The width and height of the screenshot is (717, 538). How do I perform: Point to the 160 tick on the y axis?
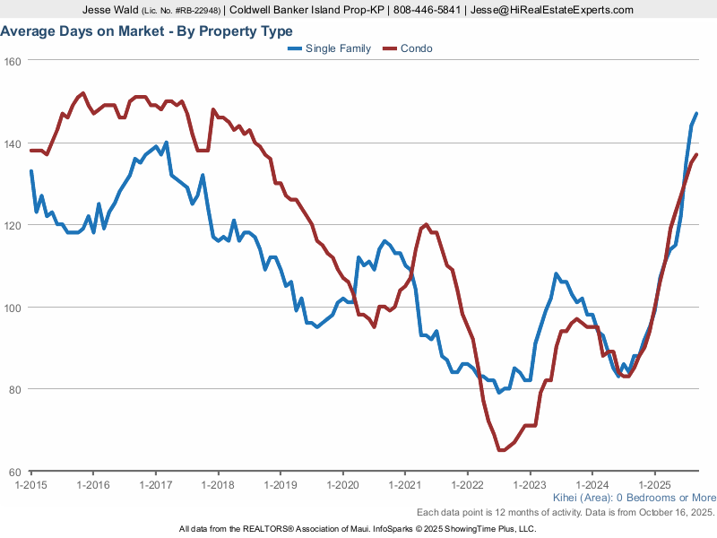13,61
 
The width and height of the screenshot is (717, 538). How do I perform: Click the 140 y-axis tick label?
13,143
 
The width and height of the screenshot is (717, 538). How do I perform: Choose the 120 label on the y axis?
13,225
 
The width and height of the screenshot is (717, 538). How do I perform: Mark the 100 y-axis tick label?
13,308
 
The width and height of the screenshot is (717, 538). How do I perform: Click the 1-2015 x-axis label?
31,484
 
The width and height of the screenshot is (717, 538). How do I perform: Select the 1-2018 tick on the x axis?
218,484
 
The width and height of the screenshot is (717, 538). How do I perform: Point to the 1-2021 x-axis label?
404,484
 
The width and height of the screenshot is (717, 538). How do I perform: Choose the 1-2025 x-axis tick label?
654,484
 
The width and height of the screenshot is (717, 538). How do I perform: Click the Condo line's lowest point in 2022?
500,450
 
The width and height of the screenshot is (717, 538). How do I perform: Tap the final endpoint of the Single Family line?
696,114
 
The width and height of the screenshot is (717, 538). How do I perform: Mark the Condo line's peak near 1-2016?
83,92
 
